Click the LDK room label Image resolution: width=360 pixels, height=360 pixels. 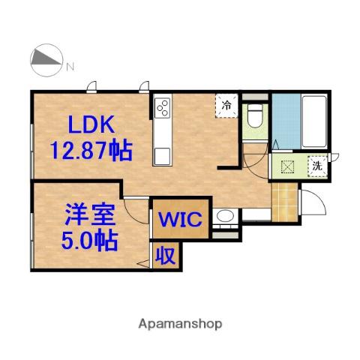[x=91, y=124]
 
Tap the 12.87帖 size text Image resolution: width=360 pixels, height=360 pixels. [x=91, y=150]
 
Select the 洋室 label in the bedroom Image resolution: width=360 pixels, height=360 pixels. [x=91, y=214]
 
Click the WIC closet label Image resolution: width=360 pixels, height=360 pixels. [x=181, y=219]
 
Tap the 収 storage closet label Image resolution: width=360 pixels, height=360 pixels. [x=165, y=256]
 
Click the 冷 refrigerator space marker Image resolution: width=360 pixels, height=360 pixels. [x=226, y=105]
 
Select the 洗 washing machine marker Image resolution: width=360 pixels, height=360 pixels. [x=317, y=166]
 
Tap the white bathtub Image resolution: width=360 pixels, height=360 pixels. [x=314, y=121]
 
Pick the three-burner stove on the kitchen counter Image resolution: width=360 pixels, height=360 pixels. [x=162, y=108]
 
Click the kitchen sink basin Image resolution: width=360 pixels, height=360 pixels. [x=162, y=157]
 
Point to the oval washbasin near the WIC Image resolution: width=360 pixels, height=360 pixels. [x=225, y=216]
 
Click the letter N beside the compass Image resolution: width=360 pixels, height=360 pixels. [x=70, y=67]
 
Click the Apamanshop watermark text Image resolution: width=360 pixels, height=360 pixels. [x=180, y=324]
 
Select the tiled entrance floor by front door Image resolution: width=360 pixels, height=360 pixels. [x=285, y=202]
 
